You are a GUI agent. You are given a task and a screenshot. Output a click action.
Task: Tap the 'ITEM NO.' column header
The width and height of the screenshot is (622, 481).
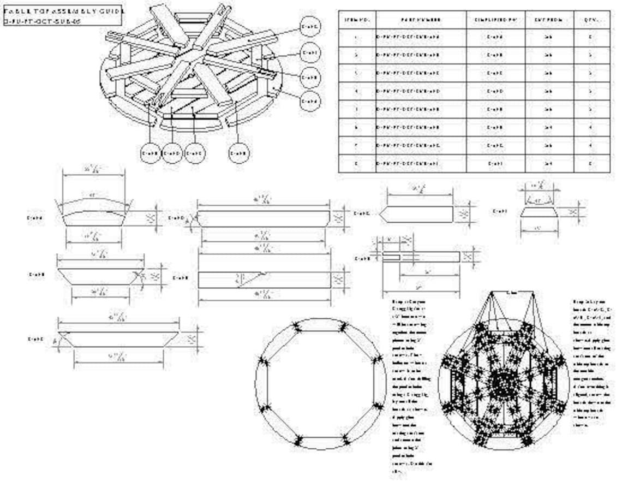[357, 20]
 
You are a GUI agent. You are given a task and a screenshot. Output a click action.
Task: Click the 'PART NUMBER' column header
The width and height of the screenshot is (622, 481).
[421, 20]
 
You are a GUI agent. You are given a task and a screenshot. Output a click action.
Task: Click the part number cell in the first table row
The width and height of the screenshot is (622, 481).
[421, 38]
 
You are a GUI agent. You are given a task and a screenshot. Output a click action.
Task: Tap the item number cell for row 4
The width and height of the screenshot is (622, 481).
[357, 91]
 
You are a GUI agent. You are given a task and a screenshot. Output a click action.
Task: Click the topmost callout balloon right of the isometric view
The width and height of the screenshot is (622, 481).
[310, 26]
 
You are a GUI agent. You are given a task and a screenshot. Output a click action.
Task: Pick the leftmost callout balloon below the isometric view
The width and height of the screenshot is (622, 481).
[151, 153]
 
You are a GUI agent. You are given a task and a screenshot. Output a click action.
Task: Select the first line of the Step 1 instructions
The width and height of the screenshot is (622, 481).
[406, 301]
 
